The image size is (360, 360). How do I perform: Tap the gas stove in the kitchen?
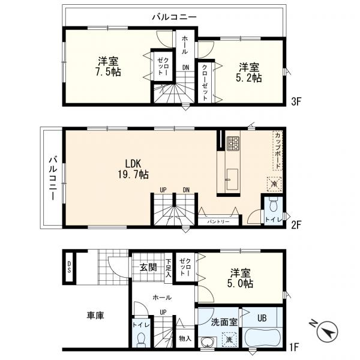coord(233,143)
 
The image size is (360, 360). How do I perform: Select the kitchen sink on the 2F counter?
coord(232,179)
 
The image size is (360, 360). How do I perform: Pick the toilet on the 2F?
coord(273,205)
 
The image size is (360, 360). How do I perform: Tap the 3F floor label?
coord(296,101)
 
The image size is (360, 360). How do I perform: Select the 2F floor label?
coord(296,224)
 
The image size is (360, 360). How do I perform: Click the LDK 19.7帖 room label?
coord(133,169)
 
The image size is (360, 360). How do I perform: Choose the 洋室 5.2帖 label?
coord(249,73)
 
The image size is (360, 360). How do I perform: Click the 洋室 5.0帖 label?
coord(241,278)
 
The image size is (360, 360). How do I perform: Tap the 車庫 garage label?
coord(95,315)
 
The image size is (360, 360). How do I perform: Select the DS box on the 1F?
coord(69,267)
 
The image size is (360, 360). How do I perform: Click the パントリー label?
coord(218,222)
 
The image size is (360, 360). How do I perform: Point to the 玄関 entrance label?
coord(148,267)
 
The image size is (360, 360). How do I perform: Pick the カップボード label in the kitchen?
coord(278,151)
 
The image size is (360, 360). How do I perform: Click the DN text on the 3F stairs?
coord(186,67)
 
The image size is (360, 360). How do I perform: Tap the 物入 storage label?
coord(185,338)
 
